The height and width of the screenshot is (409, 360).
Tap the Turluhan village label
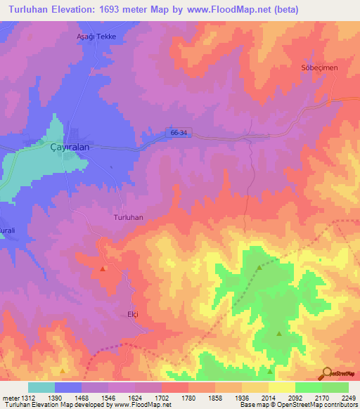coord(128,218)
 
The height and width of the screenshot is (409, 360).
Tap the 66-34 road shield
coord(179,132)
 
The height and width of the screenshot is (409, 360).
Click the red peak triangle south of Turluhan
coord(104,268)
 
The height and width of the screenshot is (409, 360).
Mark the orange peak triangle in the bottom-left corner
coord(63,370)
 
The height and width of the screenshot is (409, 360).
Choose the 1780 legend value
coord(188,398)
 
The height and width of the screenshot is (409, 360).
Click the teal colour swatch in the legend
coord(41,387)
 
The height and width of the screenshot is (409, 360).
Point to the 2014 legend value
coord(268,398)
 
